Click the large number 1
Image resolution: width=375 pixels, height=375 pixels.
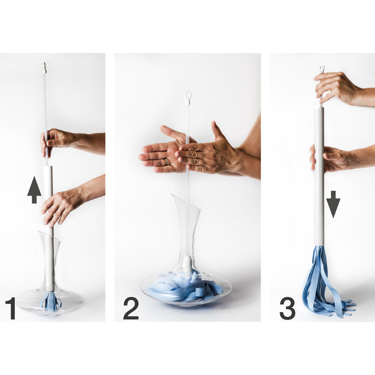point(11,308)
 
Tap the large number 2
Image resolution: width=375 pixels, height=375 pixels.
point(131,308)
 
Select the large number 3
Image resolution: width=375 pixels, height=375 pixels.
point(288,308)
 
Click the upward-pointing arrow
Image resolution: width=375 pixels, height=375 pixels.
point(34,190)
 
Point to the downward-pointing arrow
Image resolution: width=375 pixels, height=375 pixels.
point(333,204)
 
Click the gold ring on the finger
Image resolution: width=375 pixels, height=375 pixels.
point(168,162)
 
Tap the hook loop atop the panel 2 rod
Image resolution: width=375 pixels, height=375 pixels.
point(188,95)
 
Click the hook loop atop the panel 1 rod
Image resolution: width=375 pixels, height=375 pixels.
point(45,65)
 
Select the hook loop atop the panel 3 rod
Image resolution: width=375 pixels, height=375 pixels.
point(322,68)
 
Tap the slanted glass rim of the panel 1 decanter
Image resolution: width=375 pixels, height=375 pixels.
point(49,236)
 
